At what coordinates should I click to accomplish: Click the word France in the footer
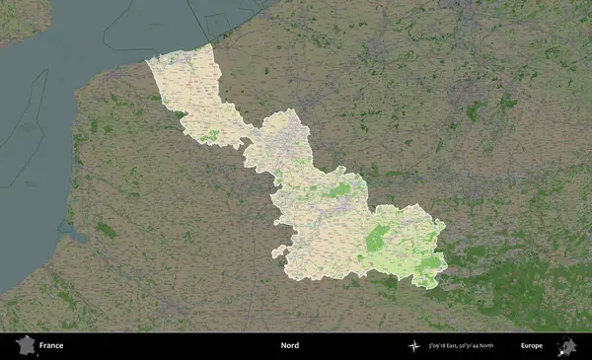click(x=51, y=346)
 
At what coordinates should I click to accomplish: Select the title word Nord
click(x=289, y=346)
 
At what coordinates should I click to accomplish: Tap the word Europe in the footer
click(x=532, y=346)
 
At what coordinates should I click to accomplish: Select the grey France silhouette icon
click(x=24, y=345)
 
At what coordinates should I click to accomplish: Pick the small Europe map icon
click(x=566, y=345)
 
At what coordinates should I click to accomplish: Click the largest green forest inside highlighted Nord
click(x=377, y=238)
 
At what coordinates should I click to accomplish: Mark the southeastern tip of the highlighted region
click(x=432, y=285)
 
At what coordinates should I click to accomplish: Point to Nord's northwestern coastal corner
click(x=149, y=61)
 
